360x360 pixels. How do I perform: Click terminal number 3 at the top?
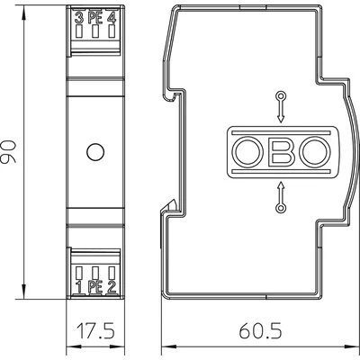point(77,16)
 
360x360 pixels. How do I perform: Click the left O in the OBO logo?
point(248,151)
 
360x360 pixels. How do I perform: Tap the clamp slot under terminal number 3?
point(79,31)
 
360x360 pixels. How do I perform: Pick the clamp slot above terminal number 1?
point(79,272)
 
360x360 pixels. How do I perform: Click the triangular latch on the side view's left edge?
point(167,213)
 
